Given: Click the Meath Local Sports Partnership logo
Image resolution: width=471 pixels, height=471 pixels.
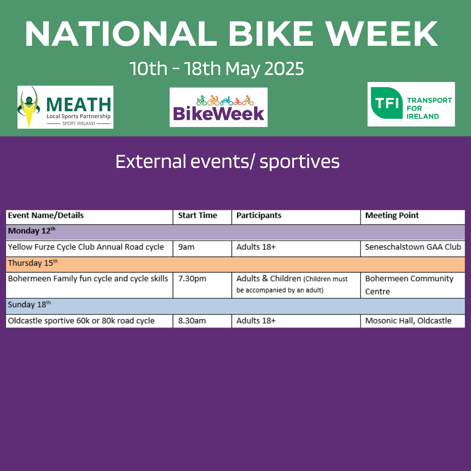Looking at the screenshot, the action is pos(65,107).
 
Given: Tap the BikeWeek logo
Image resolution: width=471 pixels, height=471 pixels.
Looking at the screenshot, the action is pos(218,107).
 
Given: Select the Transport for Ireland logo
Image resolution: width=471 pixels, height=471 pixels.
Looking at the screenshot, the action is pos(411,104).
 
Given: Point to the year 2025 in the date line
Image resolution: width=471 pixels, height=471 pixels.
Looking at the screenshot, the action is pos(284,68).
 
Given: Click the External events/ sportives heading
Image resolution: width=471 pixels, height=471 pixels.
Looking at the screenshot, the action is pos(227,162).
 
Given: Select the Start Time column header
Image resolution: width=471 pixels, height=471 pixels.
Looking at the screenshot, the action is pos(198,215).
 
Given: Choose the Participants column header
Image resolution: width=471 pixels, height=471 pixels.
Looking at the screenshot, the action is pos(259,215).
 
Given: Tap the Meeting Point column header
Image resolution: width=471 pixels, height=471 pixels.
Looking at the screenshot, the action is pos(392,215).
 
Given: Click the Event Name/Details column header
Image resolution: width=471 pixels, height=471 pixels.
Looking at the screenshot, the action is pos(46,215).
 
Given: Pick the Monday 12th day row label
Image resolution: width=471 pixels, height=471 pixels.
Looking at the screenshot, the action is pos(31,231).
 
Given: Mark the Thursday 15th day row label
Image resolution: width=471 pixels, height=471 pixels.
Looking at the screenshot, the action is pos(33,263).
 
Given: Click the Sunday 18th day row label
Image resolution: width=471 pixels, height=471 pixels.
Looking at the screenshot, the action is pos(30,304).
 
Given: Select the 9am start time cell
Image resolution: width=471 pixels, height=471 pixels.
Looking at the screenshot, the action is pos(186,247).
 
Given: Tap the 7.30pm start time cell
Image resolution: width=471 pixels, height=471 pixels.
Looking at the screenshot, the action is pos(192,279).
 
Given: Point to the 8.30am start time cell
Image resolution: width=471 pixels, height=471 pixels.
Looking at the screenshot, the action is pos(192,321).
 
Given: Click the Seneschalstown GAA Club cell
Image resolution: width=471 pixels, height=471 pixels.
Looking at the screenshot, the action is pos(413,247).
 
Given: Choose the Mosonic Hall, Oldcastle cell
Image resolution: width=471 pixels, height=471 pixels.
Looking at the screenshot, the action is pos(408,321).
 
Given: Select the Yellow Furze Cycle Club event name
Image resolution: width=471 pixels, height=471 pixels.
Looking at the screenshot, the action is pos(86,247).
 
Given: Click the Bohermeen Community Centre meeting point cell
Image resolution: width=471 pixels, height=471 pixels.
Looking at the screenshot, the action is pos(409,285).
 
